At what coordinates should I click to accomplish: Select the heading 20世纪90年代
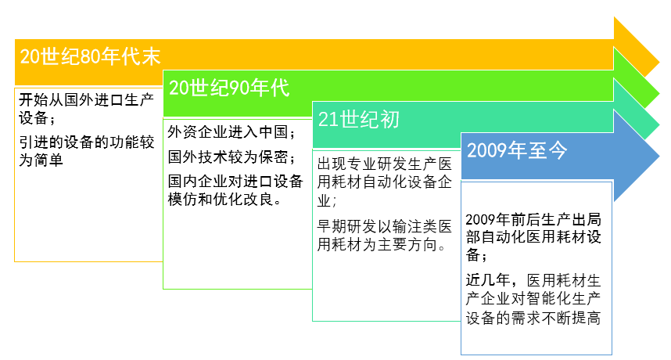229,88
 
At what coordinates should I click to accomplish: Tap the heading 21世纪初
359,119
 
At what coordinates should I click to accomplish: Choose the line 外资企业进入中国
231,131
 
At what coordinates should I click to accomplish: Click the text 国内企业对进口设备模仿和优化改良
235,189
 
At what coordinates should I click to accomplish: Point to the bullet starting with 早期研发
383,236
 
